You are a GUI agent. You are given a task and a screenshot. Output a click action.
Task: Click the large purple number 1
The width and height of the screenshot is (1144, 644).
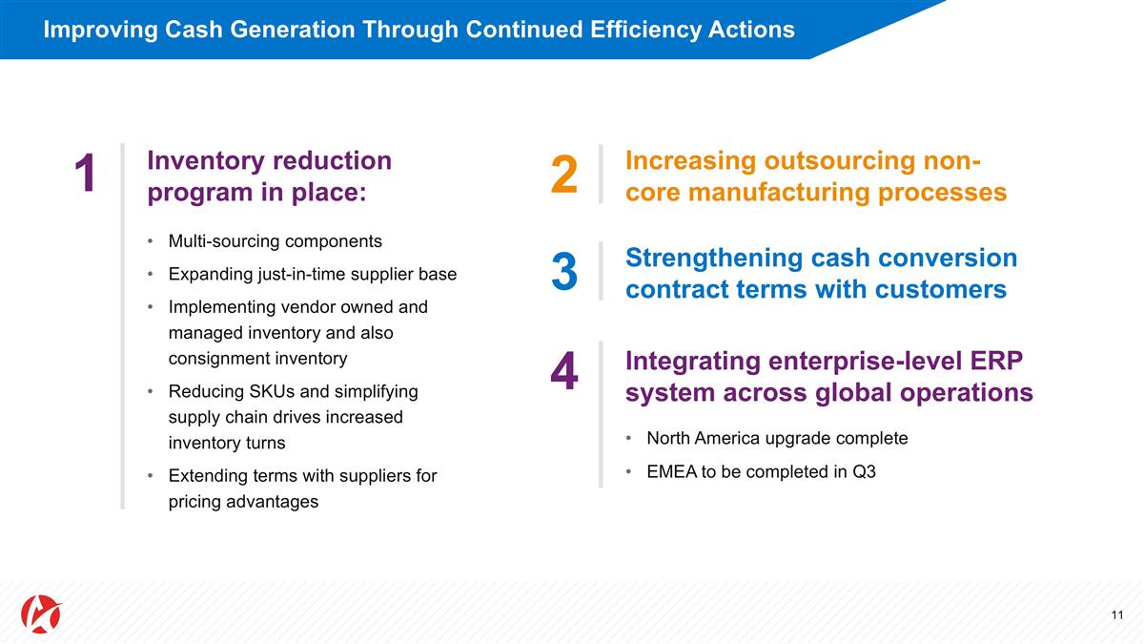[x=85, y=175]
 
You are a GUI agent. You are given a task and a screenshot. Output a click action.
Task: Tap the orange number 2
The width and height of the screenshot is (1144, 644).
[x=564, y=175]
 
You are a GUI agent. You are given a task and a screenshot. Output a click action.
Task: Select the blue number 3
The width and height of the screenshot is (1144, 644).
[x=564, y=272]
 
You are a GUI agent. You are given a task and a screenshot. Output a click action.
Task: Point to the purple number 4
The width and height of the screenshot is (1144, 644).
[x=564, y=372]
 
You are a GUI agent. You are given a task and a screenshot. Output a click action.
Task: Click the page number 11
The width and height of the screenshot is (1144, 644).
[x=1117, y=614]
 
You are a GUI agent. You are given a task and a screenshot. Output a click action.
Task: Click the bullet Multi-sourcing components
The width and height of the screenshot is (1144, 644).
[x=275, y=240]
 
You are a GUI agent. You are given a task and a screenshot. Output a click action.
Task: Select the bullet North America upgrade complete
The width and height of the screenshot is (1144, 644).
[x=776, y=438]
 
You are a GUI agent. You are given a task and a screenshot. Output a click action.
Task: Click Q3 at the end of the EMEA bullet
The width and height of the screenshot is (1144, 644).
[x=864, y=472]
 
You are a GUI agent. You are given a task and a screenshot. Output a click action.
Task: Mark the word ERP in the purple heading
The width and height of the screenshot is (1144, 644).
[x=1002, y=362]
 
